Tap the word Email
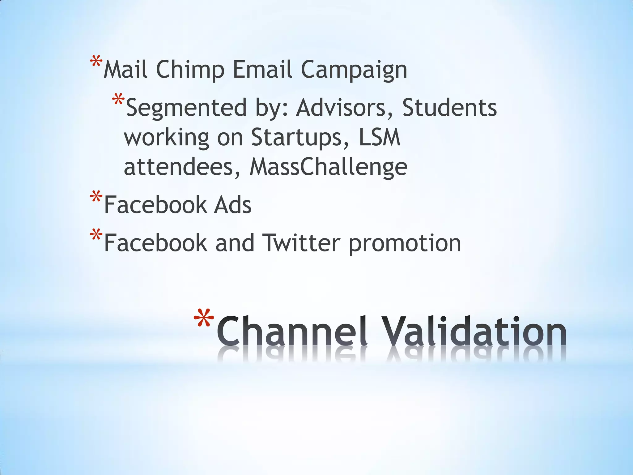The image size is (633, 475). tap(262, 69)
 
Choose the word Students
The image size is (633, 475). tap(449, 107)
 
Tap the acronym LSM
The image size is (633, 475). tap(380, 137)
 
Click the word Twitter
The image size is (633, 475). tap(301, 243)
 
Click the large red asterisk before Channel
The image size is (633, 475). tap(204, 319)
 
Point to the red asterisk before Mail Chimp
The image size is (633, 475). tap(96, 62)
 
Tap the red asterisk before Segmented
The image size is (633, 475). tap(118, 100)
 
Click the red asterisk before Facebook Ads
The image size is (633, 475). tap(96, 197)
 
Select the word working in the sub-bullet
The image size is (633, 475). tap(167, 138)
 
